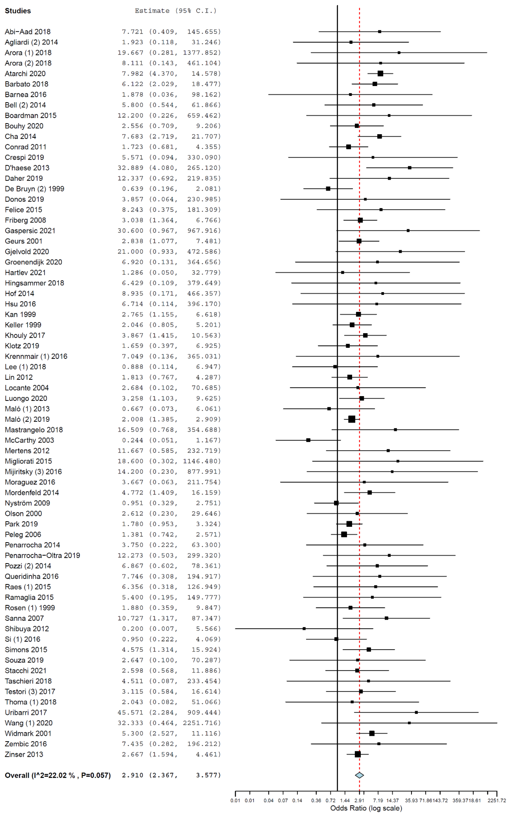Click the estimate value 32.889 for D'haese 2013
[x=130, y=168]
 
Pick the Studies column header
[x=18, y=11]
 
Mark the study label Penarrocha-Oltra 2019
[x=42, y=555]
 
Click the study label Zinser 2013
[x=24, y=754]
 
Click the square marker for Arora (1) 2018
[x=399, y=53]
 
